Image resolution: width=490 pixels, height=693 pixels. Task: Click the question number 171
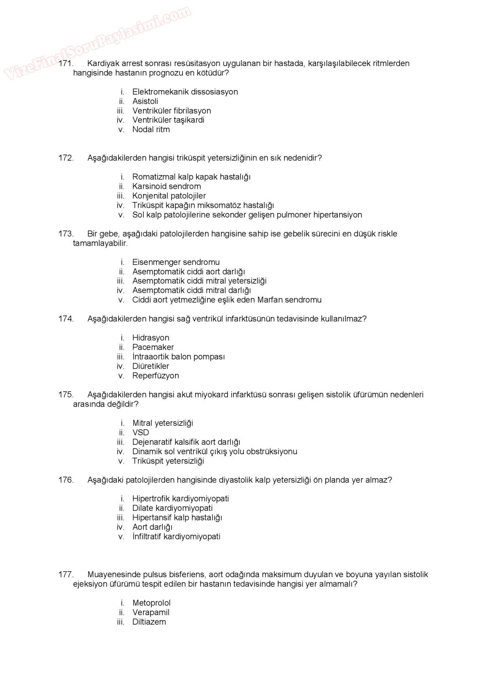66,64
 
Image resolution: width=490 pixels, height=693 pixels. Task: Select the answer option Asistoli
145,101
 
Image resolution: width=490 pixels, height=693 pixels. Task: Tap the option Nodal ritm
151,130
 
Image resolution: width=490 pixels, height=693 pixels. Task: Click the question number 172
66,158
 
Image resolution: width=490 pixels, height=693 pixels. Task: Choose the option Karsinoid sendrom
166,186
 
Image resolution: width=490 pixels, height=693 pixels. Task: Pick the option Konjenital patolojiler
169,196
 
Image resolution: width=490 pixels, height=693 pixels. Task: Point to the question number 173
66,234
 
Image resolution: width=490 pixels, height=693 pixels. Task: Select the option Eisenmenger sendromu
176,262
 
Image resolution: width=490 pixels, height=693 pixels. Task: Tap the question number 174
66,319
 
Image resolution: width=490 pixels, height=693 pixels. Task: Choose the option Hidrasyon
151,338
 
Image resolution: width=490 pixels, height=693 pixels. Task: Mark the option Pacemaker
153,347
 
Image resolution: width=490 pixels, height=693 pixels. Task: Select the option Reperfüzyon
155,376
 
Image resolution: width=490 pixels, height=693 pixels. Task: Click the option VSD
141,433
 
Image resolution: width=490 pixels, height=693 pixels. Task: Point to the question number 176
66,480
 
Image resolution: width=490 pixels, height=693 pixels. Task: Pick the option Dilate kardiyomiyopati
172,508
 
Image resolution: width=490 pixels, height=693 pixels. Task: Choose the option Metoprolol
151,603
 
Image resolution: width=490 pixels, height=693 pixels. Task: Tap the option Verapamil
151,612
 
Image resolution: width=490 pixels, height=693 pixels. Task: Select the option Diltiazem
149,622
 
